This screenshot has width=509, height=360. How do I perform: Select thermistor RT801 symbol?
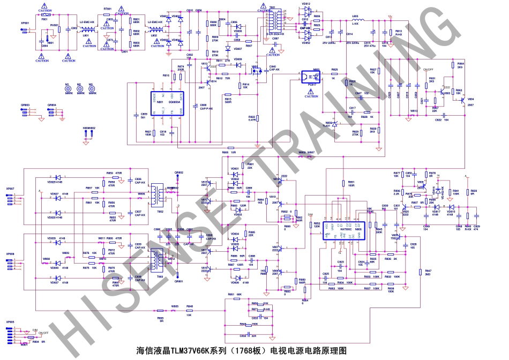[x=107, y=13]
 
